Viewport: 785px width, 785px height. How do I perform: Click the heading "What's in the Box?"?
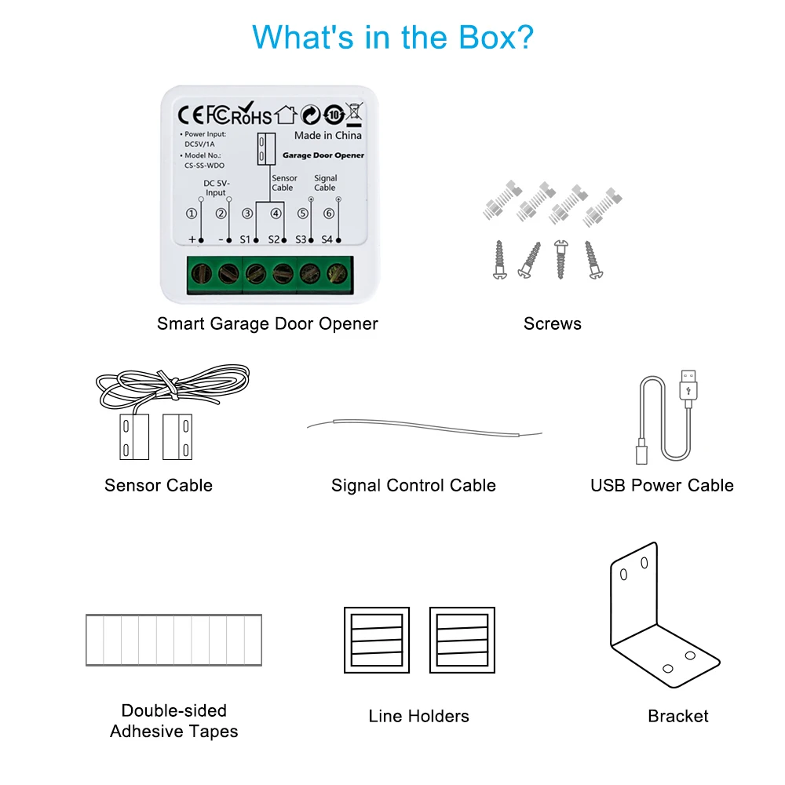pyautogui.click(x=392, y=37)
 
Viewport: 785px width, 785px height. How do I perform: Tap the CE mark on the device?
pyautogui.click(x=191, y=115)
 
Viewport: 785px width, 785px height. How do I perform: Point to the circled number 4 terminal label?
pyautogui.click(x=276, y=213)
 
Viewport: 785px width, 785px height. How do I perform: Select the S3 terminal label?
pyautogui.click(x=300, y=239)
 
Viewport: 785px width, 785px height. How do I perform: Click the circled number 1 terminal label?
pyautogui.click(x=191, y=213)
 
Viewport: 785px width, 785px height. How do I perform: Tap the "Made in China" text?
pyautogui.click(x=327, y=135)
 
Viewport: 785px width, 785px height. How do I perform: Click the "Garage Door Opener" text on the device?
pyautogui.click(x=323, y=155)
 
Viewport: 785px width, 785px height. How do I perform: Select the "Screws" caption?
pyautogui.click(x=553, y=323)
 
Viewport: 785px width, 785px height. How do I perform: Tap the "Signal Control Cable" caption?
pyautogui.click(x=414, y=485)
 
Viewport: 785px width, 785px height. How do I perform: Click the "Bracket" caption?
pyautogui.click(x=678, y=716)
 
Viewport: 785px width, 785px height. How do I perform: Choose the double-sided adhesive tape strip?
pyautogui.click(x=173, y=640)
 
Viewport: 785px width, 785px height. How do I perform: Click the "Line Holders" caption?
pyautogui.click(x=418, y=716)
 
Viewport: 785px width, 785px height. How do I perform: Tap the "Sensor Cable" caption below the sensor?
pyautogui.click(x=159, y=485)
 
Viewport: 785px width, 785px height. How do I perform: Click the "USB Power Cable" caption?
pyautogui.click(x=662, y=485)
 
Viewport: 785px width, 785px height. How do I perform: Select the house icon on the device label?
pyautogui.click(x=286, y=115)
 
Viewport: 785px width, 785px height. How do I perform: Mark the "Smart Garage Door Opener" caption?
pyautogui.click(x=268, y=323)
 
